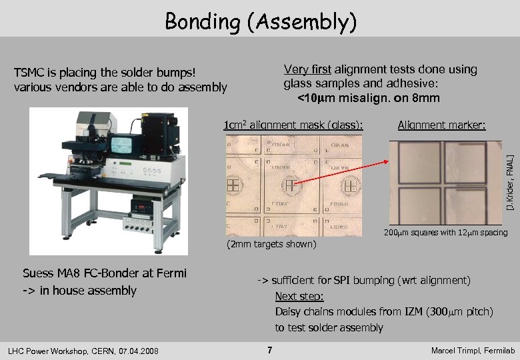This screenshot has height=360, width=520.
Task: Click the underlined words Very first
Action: pos(307,69)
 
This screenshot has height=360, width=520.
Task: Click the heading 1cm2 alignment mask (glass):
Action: pos(293,125)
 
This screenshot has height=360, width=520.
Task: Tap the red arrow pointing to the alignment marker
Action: pos(353,173)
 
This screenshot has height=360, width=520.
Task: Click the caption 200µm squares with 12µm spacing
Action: pos(445,233)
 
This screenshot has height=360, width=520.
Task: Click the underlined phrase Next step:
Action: pos(299,296)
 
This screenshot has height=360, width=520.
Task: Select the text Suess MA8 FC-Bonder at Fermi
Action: pos(105,273)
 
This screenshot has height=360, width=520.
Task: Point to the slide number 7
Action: pos(269,350)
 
